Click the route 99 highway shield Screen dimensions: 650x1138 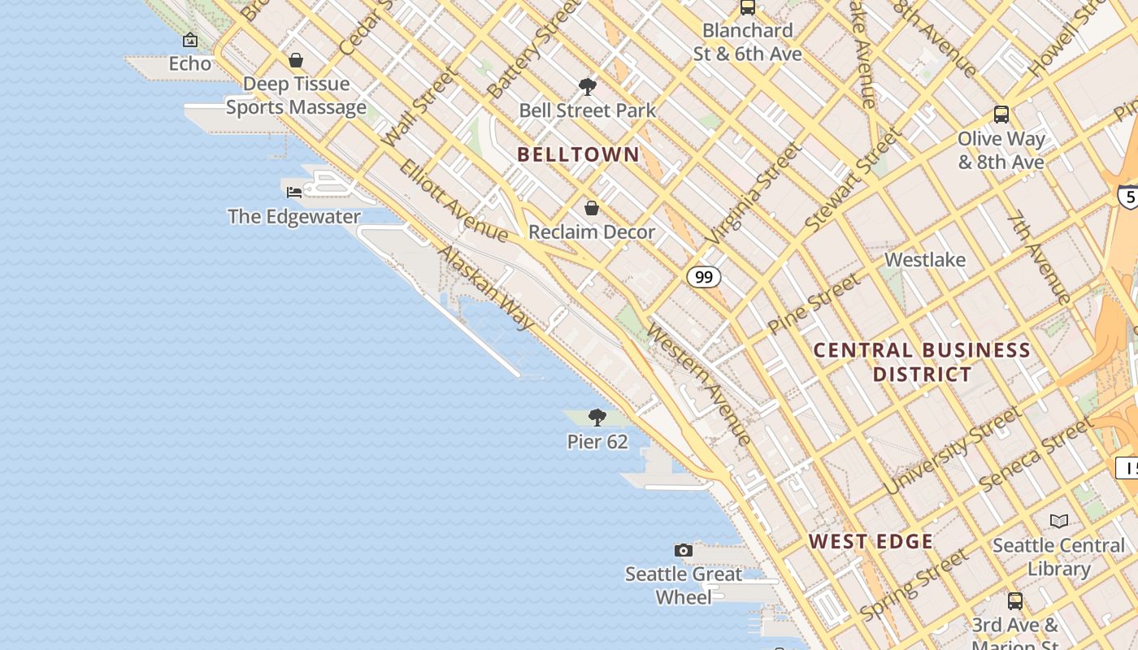(x=704, y=277)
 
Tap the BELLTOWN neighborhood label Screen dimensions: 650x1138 (x=578, y=154)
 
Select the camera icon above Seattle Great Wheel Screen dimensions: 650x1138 (x=684, y=550)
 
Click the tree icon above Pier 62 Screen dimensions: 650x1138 (x=597, y=418)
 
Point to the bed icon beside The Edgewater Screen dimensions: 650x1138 (x=294, y=193)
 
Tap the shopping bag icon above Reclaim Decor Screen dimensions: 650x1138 (x=592, y=208)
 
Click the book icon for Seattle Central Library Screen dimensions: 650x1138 (x=1058, y=521)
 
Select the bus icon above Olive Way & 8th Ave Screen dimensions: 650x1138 (x=1001, y=115)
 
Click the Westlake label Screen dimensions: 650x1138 (x=925, y=260)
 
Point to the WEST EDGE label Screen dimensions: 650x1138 (x=871, y=542)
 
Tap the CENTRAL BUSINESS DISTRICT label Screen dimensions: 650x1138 (x=922, y=362)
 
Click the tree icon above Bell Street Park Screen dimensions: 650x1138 (x=588, y=86)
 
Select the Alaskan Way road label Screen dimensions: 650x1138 (x=485, y=287)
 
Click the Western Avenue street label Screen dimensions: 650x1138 (x=700, y=384)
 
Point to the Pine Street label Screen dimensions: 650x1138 (x=813, y=304)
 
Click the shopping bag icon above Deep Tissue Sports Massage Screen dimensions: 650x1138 (x=296, y=60)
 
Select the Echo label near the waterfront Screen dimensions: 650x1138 (x=189, y=63)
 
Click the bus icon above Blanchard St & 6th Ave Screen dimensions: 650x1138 (x=748, y=7)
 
